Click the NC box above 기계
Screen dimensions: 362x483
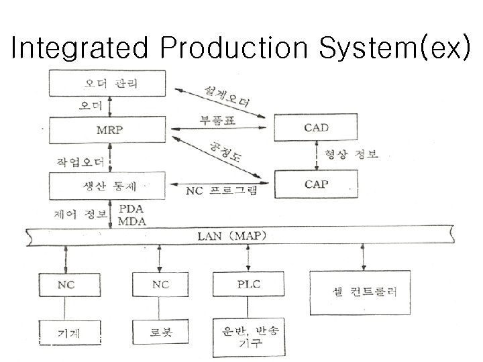[65, 284]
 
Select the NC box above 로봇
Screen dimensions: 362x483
[160, 284]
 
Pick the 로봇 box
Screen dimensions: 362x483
[160, 332]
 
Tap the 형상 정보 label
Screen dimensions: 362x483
[352, 155]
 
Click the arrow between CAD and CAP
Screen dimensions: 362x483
[315, 155]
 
